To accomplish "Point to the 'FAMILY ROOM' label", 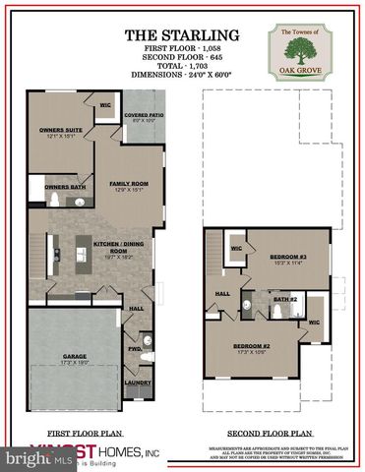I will (129, 185).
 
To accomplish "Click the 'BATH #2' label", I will (285, 299).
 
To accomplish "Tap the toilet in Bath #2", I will (278, 312).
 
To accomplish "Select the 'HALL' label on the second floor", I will (222, 293).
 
